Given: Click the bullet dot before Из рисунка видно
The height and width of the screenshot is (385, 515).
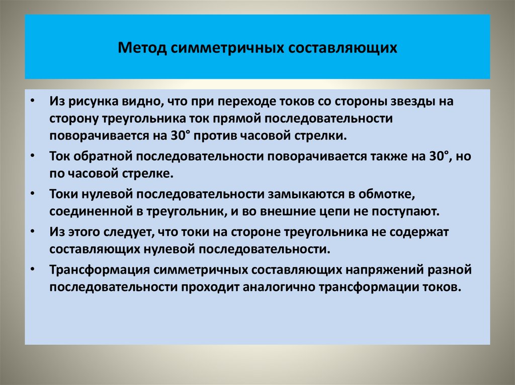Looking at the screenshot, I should coord(33,101).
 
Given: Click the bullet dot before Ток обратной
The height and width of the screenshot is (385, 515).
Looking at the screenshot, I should coord(33,156).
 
